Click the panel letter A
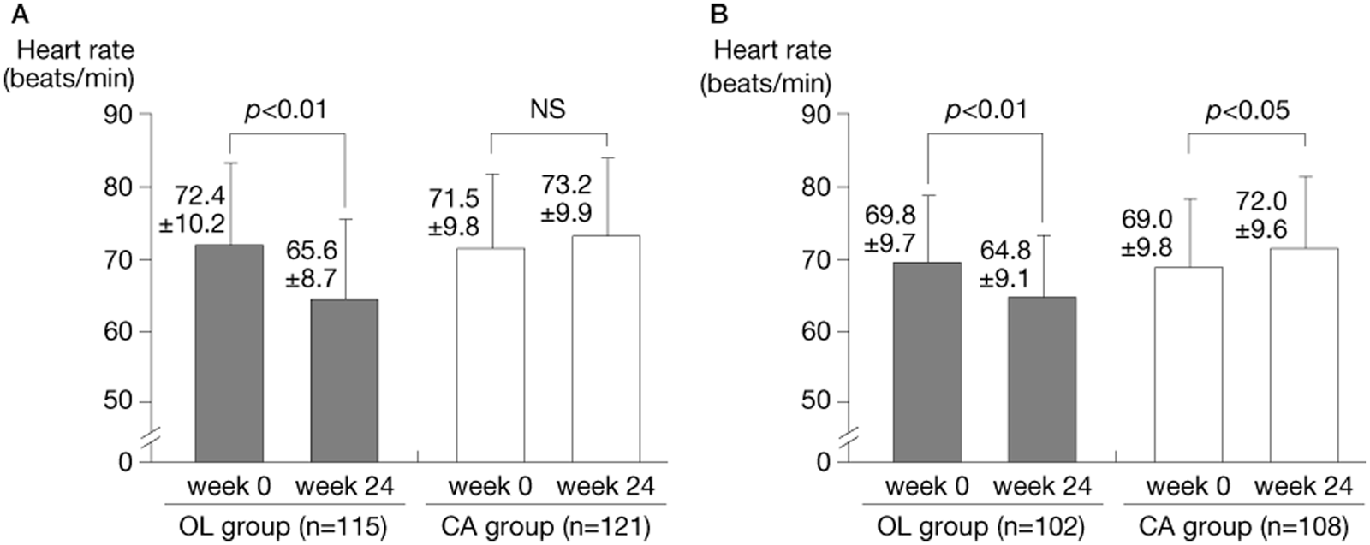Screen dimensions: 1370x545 [21, 15]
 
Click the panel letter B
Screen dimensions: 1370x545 [718, 15]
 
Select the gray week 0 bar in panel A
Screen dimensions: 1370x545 [229, 353]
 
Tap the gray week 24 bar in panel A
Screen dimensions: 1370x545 [344, 381]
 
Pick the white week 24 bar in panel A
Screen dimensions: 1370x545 [606, 349]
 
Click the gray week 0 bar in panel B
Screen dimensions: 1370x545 [927, 362]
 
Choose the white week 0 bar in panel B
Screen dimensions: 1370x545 [1188, 364]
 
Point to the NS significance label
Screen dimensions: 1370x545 [549, 110]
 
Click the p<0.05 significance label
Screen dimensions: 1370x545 [1248, 111]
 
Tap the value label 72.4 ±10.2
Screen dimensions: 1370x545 [192, 210]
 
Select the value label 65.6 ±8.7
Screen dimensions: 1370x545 [311, 264]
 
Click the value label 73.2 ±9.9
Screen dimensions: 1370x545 [566, 198]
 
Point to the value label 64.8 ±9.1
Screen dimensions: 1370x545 [1005, 264]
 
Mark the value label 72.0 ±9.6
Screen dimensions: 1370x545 [1261, 215]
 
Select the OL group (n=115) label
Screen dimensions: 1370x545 [283, 526]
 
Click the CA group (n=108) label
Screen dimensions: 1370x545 [1243, 526]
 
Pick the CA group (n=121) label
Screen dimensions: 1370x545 [545, 526]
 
